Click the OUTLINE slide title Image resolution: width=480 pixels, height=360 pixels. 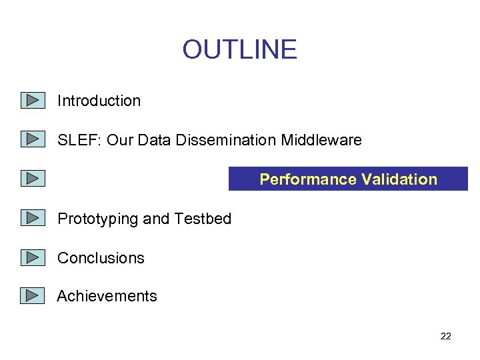click(x=239, y=50)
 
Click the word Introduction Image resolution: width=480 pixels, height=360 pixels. click(x=99, y=101)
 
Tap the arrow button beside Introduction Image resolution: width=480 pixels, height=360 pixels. click(x=32, y=101)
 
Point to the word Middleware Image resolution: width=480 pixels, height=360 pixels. click(x=321, y=140)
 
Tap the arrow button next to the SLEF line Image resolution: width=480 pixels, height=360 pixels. click(x=32, y=140)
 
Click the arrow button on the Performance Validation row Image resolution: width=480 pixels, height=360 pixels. click(x=32, y=179)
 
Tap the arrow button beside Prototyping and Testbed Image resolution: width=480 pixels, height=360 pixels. click(x=32, y=218)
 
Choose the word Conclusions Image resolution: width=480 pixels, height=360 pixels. click(x=101, y=258)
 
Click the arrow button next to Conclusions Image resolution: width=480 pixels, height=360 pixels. click(x=32, y=257)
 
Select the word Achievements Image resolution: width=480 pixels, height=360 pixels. click(x=107, y=296)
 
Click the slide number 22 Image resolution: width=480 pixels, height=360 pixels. click(x=446, y=336)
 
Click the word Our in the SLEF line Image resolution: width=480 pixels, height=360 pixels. click(x=120, y=140)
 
